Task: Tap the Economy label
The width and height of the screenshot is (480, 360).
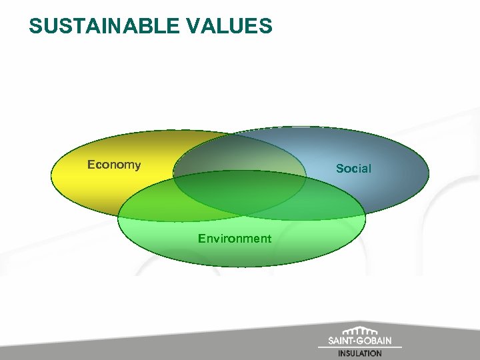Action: [114, 165]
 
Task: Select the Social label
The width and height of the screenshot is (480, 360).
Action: [353, 169]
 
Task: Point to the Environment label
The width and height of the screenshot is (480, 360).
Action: [235, 239]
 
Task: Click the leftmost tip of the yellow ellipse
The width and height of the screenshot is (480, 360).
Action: [52, 175]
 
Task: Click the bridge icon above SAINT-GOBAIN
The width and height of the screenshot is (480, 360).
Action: [364, 331]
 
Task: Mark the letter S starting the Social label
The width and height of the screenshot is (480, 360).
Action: [339, 169]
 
